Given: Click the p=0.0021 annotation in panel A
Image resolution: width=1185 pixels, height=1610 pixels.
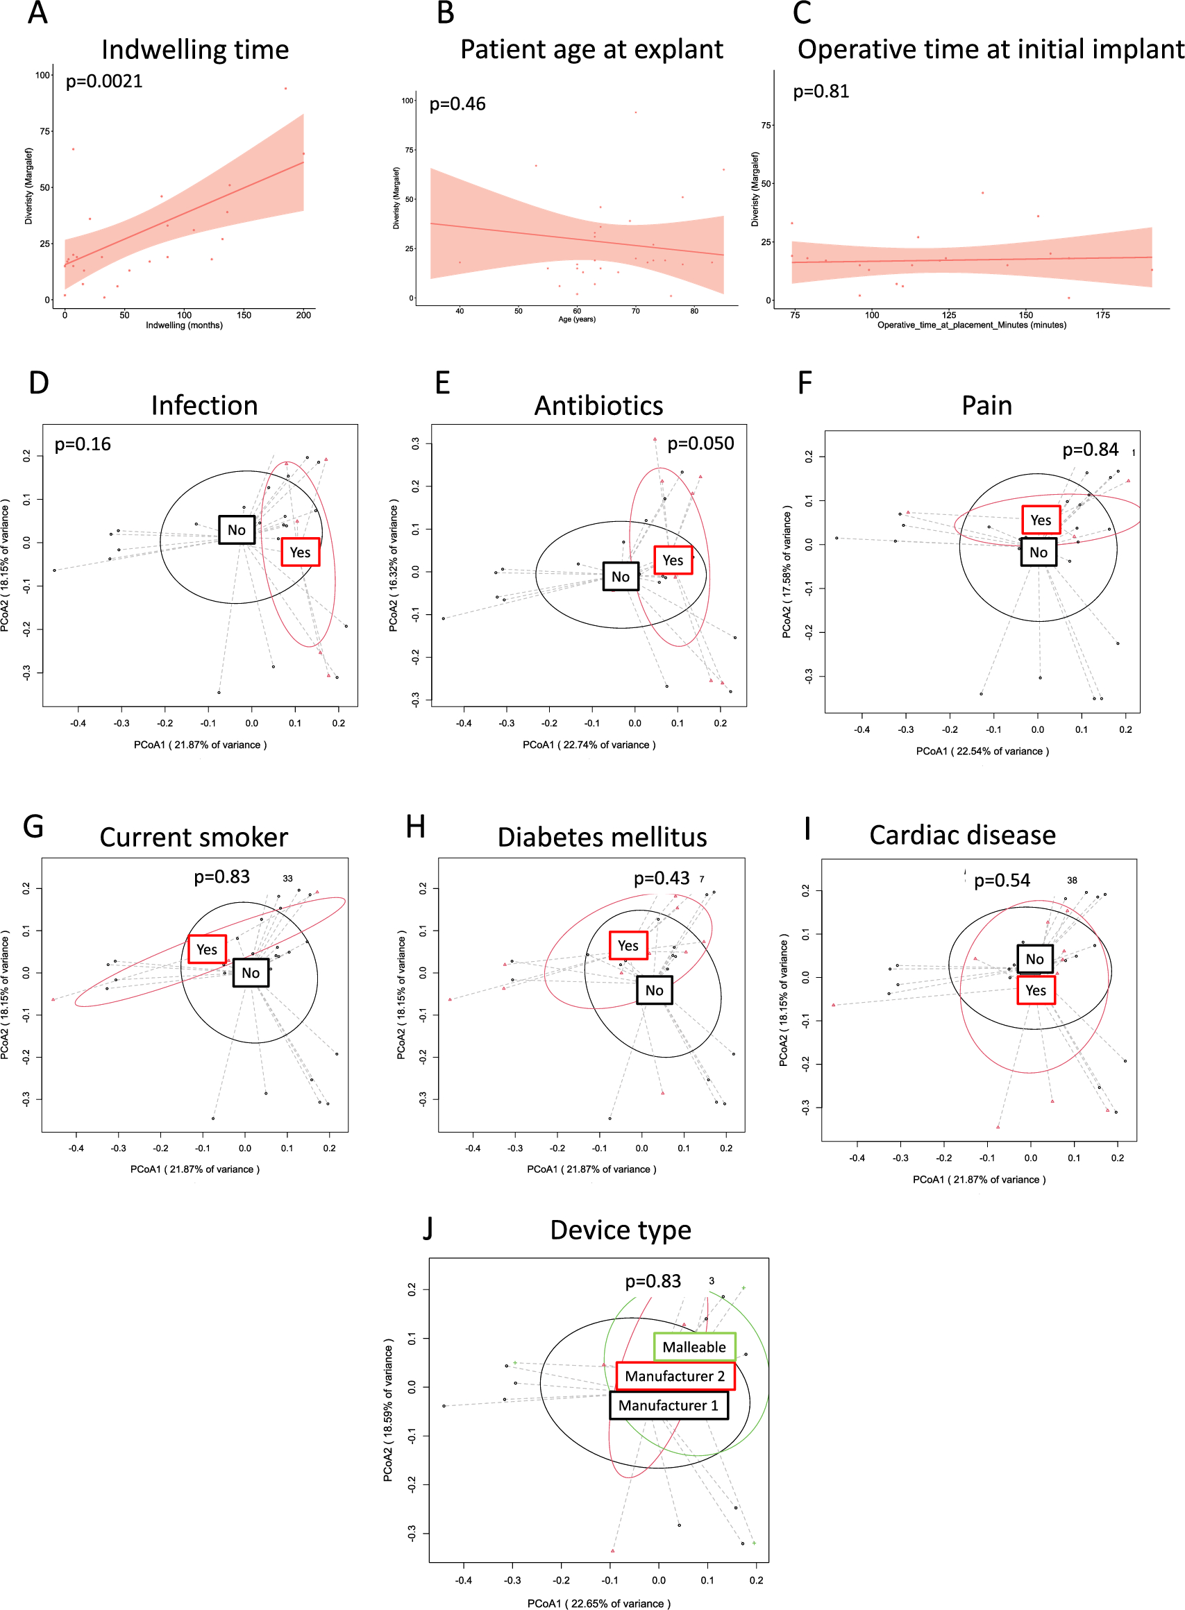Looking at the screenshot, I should coord(104,82).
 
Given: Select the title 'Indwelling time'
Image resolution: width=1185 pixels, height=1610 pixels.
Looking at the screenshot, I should coord(195,50).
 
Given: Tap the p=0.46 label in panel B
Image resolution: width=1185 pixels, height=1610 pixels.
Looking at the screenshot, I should coord(457,105).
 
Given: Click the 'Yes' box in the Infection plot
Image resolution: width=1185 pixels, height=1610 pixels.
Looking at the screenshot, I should coord(300,552).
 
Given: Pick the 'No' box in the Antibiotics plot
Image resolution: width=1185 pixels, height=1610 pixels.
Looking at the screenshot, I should coord(621,577).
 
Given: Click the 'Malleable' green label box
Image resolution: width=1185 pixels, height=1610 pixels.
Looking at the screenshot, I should coord(694,1347).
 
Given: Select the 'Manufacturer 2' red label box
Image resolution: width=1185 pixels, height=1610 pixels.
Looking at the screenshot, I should coord(674,1376).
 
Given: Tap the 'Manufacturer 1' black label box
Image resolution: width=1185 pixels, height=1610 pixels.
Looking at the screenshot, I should coord(668,1405).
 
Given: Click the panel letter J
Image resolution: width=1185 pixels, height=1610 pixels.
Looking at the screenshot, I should coord(428,1228).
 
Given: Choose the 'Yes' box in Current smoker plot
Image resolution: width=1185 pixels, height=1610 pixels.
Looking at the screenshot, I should coord(207,949).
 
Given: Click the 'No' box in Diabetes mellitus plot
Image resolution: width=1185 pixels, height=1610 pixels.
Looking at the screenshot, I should coord(654,990).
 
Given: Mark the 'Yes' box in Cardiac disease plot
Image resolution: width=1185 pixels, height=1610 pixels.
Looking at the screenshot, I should coord(1035,990).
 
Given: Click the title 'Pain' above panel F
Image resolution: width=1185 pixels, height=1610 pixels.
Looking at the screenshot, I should coord(986,406).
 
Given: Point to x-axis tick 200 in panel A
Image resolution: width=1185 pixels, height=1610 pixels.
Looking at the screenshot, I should coord(303,315).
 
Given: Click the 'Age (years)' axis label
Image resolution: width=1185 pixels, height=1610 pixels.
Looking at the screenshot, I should coord(577,319).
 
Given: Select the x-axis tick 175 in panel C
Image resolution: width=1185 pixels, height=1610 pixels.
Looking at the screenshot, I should coord(1102,315).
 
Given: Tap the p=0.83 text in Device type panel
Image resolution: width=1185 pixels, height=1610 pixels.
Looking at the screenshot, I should coord(653,1282).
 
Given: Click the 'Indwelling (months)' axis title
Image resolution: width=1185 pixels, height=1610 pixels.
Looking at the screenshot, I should coord(185,325).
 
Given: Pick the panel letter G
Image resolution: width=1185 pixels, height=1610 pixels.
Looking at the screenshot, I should coord(33,827).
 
